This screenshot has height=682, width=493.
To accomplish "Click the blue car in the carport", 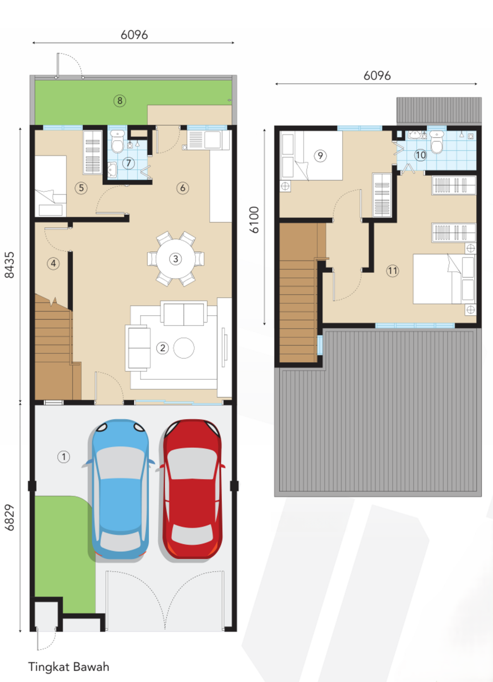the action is coord(120,489).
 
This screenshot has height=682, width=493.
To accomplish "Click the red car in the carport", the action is coord(192,489).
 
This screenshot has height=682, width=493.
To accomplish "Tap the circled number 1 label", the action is coord(64,456).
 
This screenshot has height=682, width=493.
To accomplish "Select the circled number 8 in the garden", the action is coord(120,100).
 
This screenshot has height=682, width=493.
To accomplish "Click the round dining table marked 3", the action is coord(175,259).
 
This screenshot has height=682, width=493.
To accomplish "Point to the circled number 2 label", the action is coord(163,348).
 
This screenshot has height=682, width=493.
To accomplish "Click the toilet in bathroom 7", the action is coord(118,141).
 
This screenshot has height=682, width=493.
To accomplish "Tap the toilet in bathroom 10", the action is coord(437,142).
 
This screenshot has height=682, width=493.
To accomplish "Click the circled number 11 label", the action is coord(393,271).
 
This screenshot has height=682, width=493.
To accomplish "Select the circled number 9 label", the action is coord(320,155).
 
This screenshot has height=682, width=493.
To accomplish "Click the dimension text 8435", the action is coord(10,265).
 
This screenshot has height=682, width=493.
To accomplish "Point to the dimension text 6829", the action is coord(10,517).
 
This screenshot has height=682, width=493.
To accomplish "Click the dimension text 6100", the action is coord(254,220).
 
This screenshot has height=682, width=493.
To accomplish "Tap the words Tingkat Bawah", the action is coord(69,667).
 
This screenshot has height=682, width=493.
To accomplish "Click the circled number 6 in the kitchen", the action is coord(183,187).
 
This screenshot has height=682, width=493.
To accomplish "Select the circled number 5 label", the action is coord(81,187).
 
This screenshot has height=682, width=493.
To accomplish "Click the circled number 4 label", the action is coord(53,263).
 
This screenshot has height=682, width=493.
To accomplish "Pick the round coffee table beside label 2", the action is coord(184,348).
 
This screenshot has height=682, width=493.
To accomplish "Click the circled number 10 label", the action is coord(421,155).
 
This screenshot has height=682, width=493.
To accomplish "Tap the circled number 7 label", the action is coord(129,163).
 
